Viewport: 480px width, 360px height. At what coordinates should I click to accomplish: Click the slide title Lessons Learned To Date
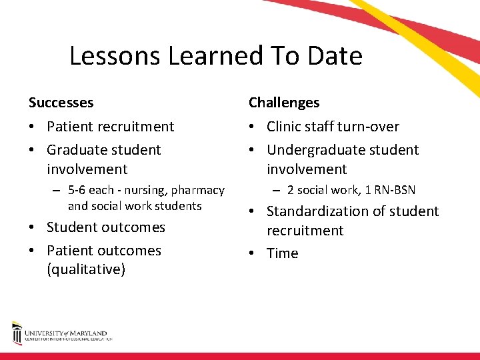[x=215, y=56]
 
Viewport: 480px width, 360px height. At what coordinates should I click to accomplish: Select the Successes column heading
[x=61, y=103]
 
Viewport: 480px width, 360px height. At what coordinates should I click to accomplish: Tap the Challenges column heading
[x=284, y=103]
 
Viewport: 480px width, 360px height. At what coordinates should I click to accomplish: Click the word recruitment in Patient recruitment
[x=137, y=127]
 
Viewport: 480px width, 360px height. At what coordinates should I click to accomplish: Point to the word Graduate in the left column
[x=75, y=150]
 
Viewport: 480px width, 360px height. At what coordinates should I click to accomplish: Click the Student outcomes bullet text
[x=105, y=227]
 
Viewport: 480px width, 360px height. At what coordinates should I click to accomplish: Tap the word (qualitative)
[x=86, y=270]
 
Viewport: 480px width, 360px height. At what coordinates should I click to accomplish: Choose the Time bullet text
[x=283, y=253]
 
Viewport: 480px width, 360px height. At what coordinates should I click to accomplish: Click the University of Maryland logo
[x=60, y=333]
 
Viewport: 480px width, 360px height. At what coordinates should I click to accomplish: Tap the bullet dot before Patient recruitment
[x=32, y=127]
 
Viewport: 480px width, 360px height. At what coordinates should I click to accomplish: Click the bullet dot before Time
[x=253, y=253]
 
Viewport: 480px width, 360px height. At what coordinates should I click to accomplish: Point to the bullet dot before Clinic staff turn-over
[x=253, y=127]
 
